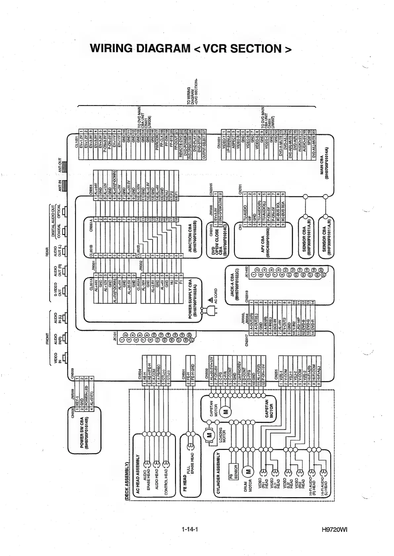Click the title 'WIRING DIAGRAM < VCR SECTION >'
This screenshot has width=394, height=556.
(x=191, y=48)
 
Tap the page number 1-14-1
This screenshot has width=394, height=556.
(x=190, y=530)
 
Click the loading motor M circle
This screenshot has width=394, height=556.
(x=209, y=435)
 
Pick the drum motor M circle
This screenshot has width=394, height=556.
(x=247, y=471)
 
